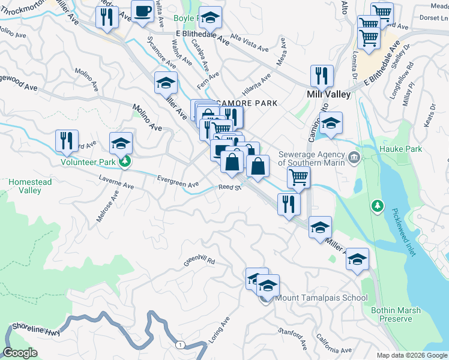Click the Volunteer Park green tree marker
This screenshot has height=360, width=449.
125,161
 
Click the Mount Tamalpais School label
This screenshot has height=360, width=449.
321,298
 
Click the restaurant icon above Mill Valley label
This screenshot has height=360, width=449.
322,76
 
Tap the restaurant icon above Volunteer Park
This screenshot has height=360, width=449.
66,140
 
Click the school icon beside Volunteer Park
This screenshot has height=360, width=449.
121,143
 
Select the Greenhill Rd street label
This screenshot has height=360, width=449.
199,262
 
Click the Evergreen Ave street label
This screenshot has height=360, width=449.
177,181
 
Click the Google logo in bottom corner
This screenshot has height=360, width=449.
20,353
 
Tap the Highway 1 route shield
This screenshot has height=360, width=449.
179,344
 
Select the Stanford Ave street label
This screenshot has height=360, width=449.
293,339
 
